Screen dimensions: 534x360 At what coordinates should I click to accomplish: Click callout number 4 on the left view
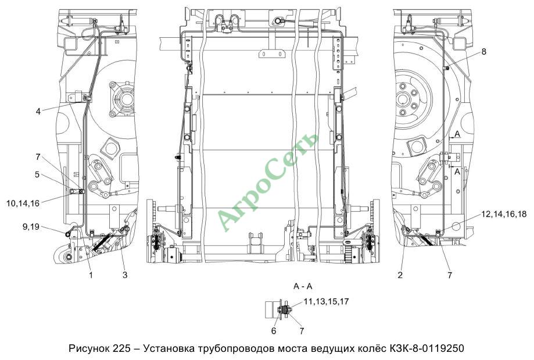click(38, 112)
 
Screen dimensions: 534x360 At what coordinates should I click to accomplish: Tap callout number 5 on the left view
click(37, 174)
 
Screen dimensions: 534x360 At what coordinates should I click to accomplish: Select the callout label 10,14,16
click(23, 204)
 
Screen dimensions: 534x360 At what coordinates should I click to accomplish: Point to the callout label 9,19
click(31, 226)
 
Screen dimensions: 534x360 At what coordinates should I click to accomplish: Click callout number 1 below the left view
click(91, 275)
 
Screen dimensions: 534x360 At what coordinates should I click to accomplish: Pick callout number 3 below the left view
click(125, 275)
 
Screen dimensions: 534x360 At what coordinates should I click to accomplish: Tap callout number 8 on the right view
click(484, 52)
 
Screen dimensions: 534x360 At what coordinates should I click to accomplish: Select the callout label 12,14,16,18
click(504, 214)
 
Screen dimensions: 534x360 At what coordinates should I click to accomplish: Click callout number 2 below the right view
click(400, 275)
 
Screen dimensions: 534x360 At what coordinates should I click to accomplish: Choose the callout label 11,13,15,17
click(326, 301)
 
